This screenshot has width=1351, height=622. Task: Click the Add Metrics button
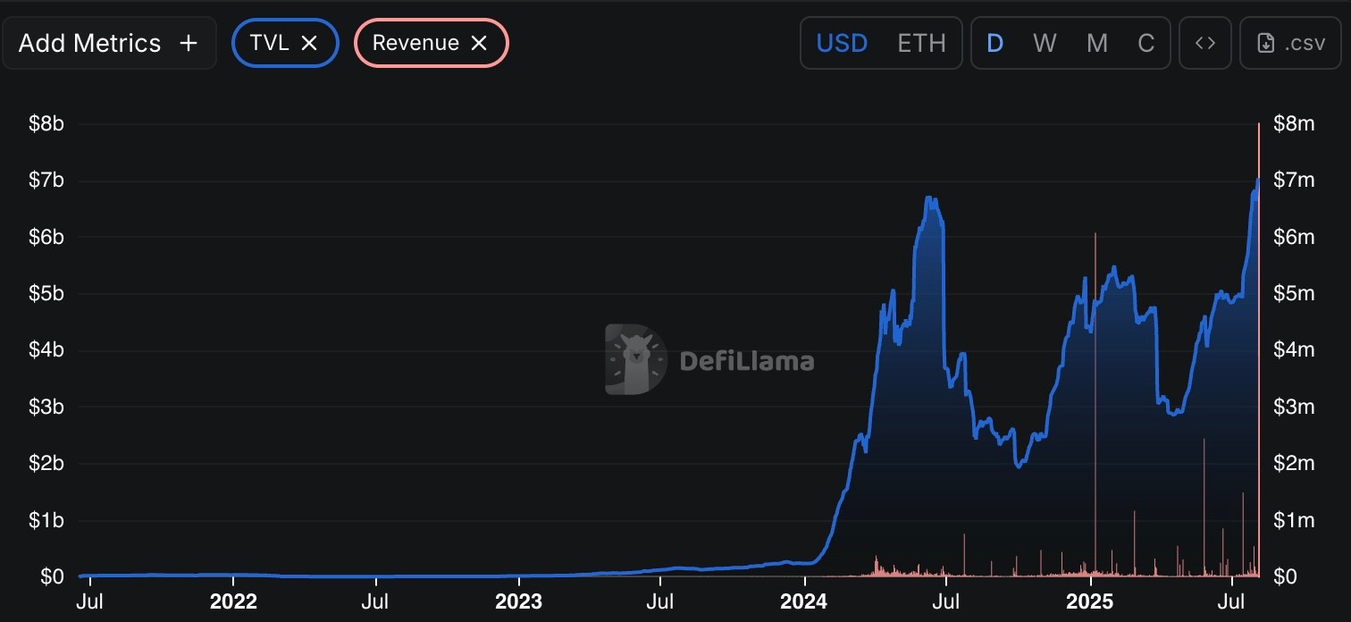[108, 43]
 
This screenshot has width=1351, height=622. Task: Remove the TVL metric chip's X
[309, 43]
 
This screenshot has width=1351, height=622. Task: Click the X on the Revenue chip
[479, 43]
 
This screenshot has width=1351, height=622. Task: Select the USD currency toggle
[842, 43]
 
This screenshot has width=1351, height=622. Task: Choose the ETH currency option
[921, 43]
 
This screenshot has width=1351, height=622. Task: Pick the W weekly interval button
[1044, 43]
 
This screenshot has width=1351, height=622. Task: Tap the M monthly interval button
[1096, 43]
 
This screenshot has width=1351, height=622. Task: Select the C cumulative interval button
[1145, 43]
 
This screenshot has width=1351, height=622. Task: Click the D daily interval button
[994, 43]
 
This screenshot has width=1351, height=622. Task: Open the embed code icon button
[1205, 43]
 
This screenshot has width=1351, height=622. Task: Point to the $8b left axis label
[46, 123]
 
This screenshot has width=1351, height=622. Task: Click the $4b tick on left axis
[46, 349]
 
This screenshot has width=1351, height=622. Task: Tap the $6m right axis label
[1294, 237]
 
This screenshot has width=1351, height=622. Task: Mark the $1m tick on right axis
[1294, 520]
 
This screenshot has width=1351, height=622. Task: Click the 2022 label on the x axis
[234, 601]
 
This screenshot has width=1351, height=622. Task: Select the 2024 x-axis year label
[803, 601]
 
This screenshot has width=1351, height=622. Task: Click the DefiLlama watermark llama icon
[636, 359]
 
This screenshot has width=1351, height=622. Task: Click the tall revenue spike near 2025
[1095, 357]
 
